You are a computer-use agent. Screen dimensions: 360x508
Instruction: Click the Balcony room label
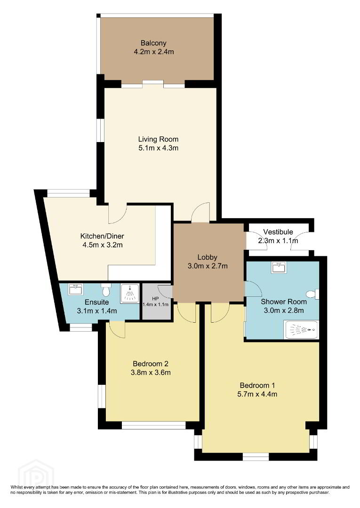[x=153, y=43]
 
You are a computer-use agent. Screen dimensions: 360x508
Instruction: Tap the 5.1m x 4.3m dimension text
[x=158, y=148]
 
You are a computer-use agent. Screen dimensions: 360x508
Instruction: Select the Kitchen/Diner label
[x=102, y=236]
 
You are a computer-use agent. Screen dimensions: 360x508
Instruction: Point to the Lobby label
[x=208, y=257]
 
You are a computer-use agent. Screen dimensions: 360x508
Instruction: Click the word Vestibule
[x=278, y=232]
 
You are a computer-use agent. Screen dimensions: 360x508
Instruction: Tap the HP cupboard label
[x=155, y=299]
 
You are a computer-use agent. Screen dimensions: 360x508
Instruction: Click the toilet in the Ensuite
[x=105, y=290]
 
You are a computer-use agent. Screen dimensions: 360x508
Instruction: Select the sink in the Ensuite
[x=75, y=289]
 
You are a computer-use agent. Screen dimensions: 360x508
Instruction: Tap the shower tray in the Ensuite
[x=130, y=294]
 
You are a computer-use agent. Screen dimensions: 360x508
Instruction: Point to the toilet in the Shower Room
[x=312, y=294]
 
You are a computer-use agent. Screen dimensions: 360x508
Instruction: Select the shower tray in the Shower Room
[x=301, y=330]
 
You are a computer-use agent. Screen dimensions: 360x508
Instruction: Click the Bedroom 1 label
[x=257, y=386]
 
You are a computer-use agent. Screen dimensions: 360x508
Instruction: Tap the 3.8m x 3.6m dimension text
[x=151, y=373]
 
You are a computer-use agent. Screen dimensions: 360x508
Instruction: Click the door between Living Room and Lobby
[x=200, y=213]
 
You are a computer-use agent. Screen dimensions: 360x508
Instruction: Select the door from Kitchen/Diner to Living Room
[x=117, y=214]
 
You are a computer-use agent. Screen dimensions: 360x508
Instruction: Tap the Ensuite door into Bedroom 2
[x=117, y=329]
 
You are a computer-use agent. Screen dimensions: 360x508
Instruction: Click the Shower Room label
[x=284, y=302]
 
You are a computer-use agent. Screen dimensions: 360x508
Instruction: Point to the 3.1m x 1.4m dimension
[x=97, y=311]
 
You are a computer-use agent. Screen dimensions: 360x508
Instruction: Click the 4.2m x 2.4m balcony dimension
[x=154, y=52]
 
